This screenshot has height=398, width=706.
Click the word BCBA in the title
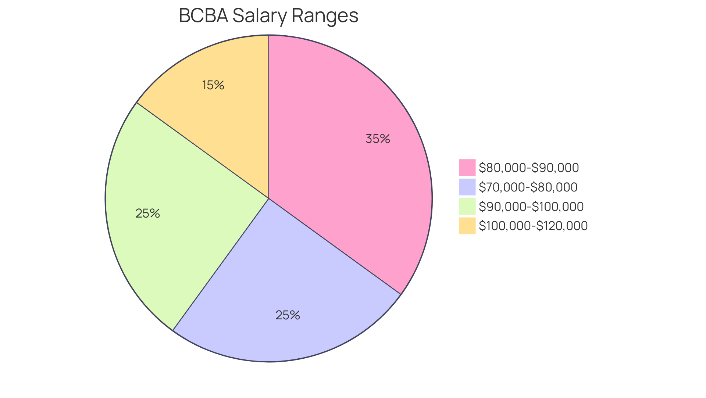pyautogui.click(x=203, y=16)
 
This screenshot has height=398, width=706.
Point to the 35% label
pyautogui.click(x=378, y=139)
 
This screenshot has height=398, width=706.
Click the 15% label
pyautogui.click(x=213, y=85)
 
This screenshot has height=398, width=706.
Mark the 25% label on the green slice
pyautogui.click(x=147, y=214)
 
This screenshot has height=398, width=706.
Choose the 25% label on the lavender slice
pyautogui.click(x=288, y=315)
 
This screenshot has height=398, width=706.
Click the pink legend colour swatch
pyautogui.click(x=467, y=168)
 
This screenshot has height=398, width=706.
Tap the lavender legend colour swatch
pyautogui.click(x=467, y=187)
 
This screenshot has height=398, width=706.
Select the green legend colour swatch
pyautogui.click(x=467, y=207)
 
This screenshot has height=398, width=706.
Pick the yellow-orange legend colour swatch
pyautogui.click(x=467, y=226)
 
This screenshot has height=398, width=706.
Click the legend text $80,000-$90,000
pyautogui.click(x=529, y=168)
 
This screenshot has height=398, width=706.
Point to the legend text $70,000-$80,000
pyautogui.click(x=528, y=187)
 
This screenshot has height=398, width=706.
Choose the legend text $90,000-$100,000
pyautogui.click(x=531, y=207)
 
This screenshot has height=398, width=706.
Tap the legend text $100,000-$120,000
pyautogui.click(x=533, y=226)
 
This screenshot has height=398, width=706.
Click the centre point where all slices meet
pyautogui.click(x=269, y=198)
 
